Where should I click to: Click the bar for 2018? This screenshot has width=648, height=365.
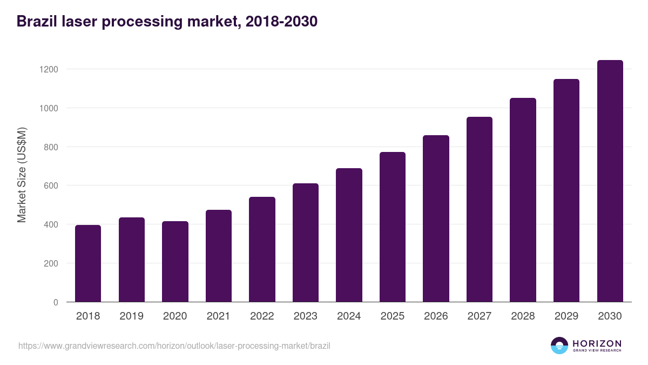[88, 263]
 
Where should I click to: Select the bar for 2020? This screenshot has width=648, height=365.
[175, 262]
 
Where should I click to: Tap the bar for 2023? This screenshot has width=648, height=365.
[306, 243]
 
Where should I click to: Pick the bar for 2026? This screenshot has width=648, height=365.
[436, 218]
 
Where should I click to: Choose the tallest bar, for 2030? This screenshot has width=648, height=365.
[610, 181]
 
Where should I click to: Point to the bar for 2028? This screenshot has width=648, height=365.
[523, 200]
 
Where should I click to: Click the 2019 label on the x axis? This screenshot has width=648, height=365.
[131, 316]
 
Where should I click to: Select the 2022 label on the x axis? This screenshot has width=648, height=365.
[262, 316]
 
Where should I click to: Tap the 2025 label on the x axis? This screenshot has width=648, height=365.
[392, 316]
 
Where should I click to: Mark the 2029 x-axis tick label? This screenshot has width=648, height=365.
[566, 316]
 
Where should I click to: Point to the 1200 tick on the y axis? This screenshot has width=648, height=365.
[48, 69]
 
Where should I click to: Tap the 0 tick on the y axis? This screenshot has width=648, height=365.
[55, 302]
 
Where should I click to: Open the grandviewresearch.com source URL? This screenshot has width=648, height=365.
[174, 346]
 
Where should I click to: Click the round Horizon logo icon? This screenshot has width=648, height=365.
[559, 346]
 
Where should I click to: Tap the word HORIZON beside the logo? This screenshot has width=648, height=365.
[597, 343]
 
